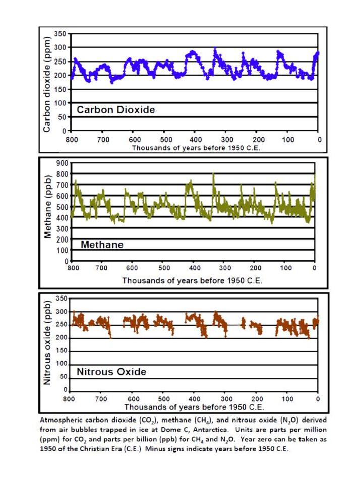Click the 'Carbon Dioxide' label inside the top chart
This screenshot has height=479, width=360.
(116, 110)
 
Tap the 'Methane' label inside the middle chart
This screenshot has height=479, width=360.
(102, 245)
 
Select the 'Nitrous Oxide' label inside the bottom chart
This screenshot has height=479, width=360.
(111, 372)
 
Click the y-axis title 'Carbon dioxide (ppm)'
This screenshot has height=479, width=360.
(47, 85)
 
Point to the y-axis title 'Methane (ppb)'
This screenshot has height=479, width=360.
(47, 207)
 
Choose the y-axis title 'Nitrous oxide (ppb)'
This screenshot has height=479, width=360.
(47, 342)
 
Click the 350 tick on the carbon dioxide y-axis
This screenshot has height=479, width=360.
(60, 34)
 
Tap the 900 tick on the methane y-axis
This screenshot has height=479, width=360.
(62, 163)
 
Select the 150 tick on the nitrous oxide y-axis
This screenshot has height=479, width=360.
(62, 351)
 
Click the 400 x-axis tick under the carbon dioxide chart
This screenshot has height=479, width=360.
(196, 140)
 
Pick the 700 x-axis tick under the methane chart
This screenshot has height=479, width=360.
(101, 268)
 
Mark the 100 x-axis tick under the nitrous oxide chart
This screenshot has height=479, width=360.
(287, 399)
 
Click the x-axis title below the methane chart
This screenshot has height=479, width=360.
(192, 280)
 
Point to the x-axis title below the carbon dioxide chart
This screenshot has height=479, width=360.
(196, 148)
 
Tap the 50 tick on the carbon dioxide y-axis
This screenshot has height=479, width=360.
(62, 117)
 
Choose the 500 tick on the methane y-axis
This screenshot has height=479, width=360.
(62, 207)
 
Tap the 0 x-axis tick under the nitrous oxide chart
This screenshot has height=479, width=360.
(318, 399)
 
